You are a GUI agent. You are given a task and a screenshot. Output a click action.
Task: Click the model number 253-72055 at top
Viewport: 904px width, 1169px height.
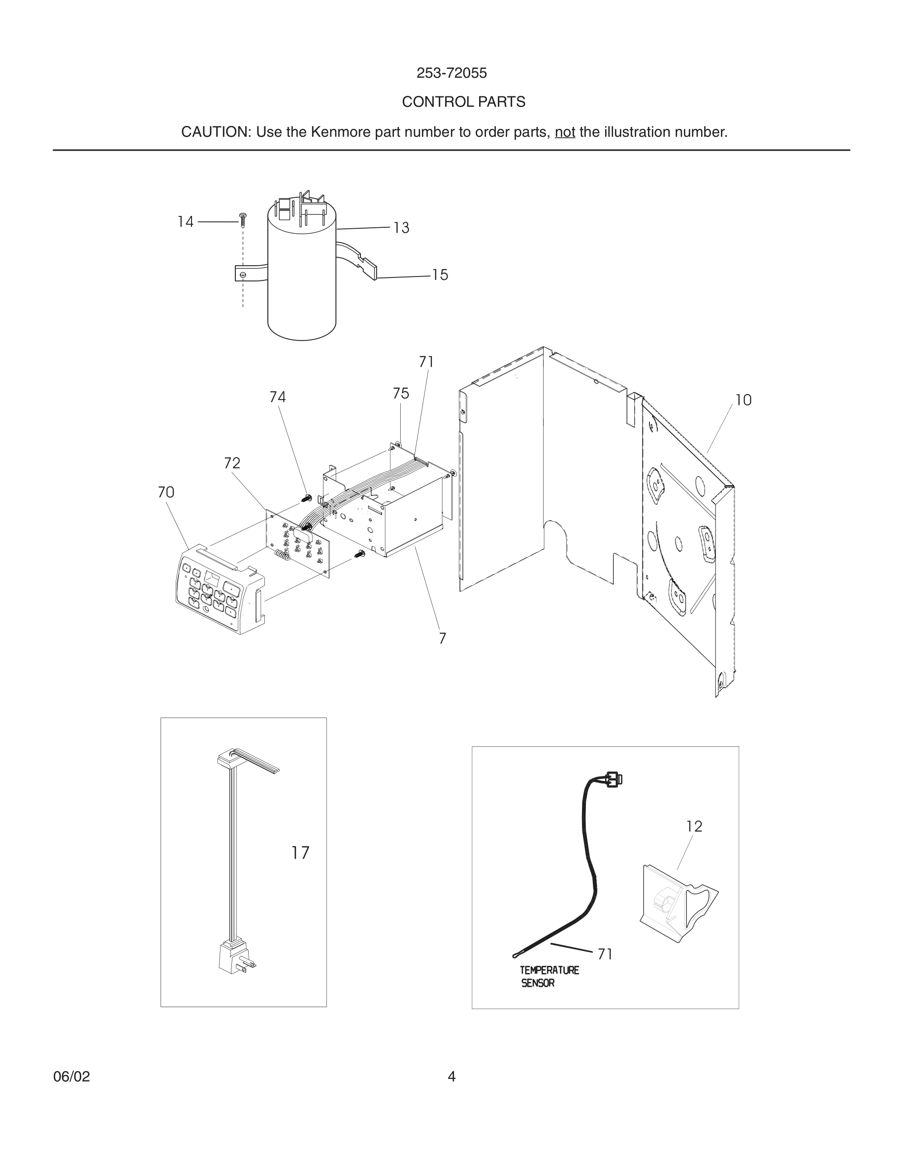[x=452, y=73]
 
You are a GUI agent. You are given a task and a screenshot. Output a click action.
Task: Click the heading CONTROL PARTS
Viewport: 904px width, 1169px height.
[x=463, y=102]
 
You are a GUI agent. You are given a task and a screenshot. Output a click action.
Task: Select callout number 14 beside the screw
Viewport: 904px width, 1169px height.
[x=185, y=221]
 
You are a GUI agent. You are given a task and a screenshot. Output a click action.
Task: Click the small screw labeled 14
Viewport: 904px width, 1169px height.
[x=243, y=218]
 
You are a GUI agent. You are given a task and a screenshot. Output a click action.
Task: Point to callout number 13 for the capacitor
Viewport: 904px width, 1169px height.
[x=401, y=228]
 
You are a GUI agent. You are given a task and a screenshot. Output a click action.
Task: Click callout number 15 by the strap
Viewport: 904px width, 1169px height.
[x=440, y=275]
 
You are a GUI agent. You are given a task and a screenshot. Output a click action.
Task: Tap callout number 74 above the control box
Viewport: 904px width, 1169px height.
[x=277, y=397]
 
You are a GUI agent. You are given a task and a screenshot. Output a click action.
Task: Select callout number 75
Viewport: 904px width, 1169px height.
[x=401, y=394]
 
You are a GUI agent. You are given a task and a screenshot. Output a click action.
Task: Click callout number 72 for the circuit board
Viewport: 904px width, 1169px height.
[x=232, y=463]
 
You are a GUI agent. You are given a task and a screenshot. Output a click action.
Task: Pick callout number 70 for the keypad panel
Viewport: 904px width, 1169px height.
[x=166, y=492]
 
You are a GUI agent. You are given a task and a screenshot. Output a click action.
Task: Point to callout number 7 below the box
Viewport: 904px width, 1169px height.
[x=442, y=639]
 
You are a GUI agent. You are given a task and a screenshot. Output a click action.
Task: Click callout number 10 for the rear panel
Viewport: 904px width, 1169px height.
[x=743, y=400]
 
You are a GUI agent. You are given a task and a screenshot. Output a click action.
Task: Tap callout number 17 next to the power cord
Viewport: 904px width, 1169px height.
[x=300, y=853]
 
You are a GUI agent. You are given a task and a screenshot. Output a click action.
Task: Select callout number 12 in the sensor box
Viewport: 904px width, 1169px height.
[x=694, y=827]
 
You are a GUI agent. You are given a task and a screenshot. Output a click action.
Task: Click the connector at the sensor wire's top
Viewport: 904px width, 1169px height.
[x=613, y=779]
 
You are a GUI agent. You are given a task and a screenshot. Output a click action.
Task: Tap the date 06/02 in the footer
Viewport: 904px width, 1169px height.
[x=71, y=1077]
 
